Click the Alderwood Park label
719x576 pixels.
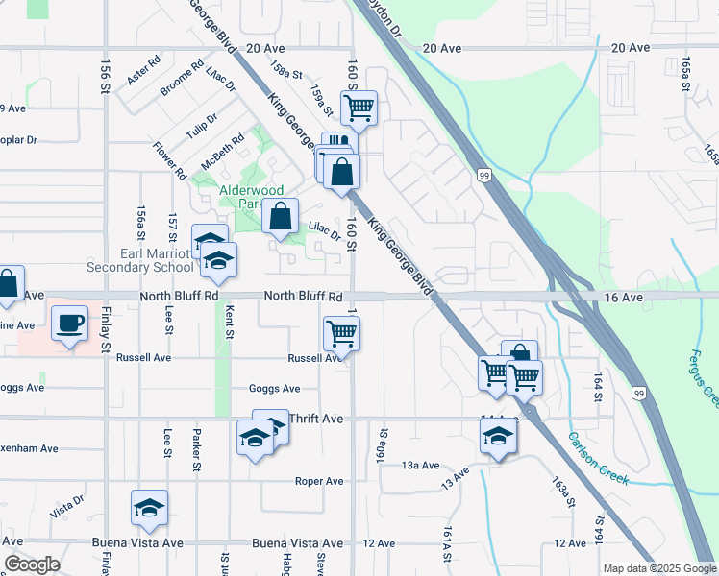click(x=240, y=197)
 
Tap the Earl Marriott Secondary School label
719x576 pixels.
click(x=139, y=260)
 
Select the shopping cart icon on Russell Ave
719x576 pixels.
click(x=341, y=334)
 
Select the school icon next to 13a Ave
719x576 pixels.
click(x=498, y=437)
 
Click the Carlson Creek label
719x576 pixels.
click(x=600, y=457)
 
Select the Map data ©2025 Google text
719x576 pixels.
click(x=659, y=567)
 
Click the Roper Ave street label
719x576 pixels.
click(x=319, y=481)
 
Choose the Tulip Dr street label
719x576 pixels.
click(x=203, y=126)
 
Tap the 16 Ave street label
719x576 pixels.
click(x=624, y=298)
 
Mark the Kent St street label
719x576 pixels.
click(x=229, y=322)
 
